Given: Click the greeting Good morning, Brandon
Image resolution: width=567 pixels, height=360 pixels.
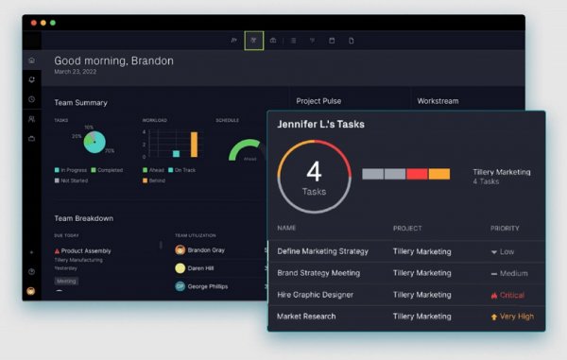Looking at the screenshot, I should (x=113, y=60).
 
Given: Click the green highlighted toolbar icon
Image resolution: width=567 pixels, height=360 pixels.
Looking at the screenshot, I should (x=253, y=41).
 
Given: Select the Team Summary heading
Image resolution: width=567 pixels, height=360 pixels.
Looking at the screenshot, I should (x=80, y=102).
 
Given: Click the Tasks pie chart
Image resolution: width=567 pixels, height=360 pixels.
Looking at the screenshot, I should (x=94, y=142).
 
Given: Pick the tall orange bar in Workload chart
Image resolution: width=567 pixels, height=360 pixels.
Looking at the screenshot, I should (x=194, y=144).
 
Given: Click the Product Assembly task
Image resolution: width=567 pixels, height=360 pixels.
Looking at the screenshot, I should (x=86, y=250).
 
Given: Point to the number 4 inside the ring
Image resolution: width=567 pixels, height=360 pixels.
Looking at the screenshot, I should (x=314, y=171).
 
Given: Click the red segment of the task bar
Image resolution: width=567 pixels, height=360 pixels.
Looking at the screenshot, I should (x=417, y=174).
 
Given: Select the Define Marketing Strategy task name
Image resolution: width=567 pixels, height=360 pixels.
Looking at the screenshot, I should (x=324, y=251).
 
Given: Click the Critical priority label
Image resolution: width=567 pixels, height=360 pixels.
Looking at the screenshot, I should (x=512, y=295).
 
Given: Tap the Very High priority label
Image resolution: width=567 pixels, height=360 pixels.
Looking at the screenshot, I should (x=515, y=317).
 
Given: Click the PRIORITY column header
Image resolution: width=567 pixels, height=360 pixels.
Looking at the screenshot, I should (x=505, y=229).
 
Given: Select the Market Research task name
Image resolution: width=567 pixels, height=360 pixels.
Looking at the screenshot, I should (x=306, y=317).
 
